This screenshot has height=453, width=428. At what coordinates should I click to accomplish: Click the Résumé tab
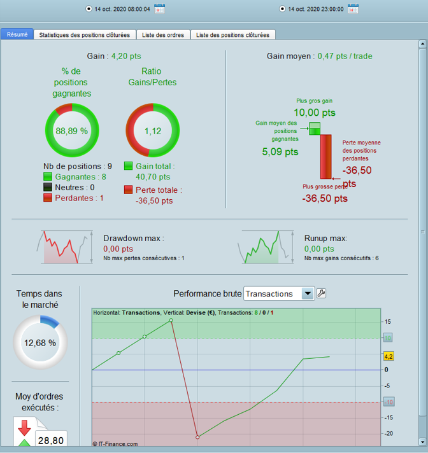point(17,34)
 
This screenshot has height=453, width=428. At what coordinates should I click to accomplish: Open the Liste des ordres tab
point(162,34)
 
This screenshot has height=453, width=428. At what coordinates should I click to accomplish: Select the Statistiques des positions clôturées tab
point(84,34)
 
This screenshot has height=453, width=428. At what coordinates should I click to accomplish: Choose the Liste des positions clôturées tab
point(232,34)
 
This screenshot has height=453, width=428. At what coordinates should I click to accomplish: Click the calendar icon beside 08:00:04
point(159,9)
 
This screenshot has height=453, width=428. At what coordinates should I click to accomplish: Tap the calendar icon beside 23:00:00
point(353,9)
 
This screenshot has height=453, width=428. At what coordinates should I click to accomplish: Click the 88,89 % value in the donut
point(71,130)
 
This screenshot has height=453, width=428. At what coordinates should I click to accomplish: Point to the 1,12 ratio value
point(152,130)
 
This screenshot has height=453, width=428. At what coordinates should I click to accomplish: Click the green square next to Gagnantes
point(48,177)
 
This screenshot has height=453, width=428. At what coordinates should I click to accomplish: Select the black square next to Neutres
point(48,187)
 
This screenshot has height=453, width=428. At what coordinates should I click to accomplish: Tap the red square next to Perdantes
point(48,197)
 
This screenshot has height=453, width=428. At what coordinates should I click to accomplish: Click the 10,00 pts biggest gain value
point(315,112)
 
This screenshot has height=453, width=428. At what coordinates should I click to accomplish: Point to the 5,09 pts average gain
point(280,152)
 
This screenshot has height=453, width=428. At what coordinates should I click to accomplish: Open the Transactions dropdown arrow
point(308,293)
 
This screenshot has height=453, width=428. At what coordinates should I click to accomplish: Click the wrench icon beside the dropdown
point(322,293)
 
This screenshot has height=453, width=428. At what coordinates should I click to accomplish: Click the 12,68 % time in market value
point(39,342)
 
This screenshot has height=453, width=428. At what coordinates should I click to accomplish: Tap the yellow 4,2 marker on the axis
point(389,356)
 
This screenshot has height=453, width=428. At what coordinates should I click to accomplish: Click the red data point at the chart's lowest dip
point(197,437)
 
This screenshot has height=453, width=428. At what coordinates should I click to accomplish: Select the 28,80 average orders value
point(50,440)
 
